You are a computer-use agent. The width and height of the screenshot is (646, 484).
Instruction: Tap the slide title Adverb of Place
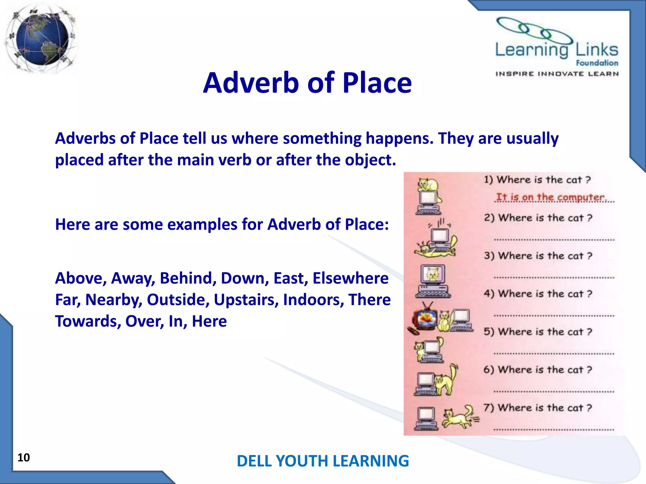pyautogui.click(x=307, y=83)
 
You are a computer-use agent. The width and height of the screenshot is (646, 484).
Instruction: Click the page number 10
pyautogui.click(x=24, y=458)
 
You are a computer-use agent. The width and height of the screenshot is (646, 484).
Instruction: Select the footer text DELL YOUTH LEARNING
pyautogui.click(x=323, y=461)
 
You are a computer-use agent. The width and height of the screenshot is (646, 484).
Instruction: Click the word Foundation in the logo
pyautogui.click(x=597, y=63)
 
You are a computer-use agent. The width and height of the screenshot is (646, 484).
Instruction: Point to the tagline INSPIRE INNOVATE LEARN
pyautogui.click(x=557, y=74)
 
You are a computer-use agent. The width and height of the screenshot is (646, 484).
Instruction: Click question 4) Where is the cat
pyautogui.click(x=538, y=294)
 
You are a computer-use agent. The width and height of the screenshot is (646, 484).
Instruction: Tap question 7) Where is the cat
pyautogui.click(x=538, y=408)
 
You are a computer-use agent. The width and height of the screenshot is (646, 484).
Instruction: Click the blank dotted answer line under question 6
pyautogui.click(x=554, y=391)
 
